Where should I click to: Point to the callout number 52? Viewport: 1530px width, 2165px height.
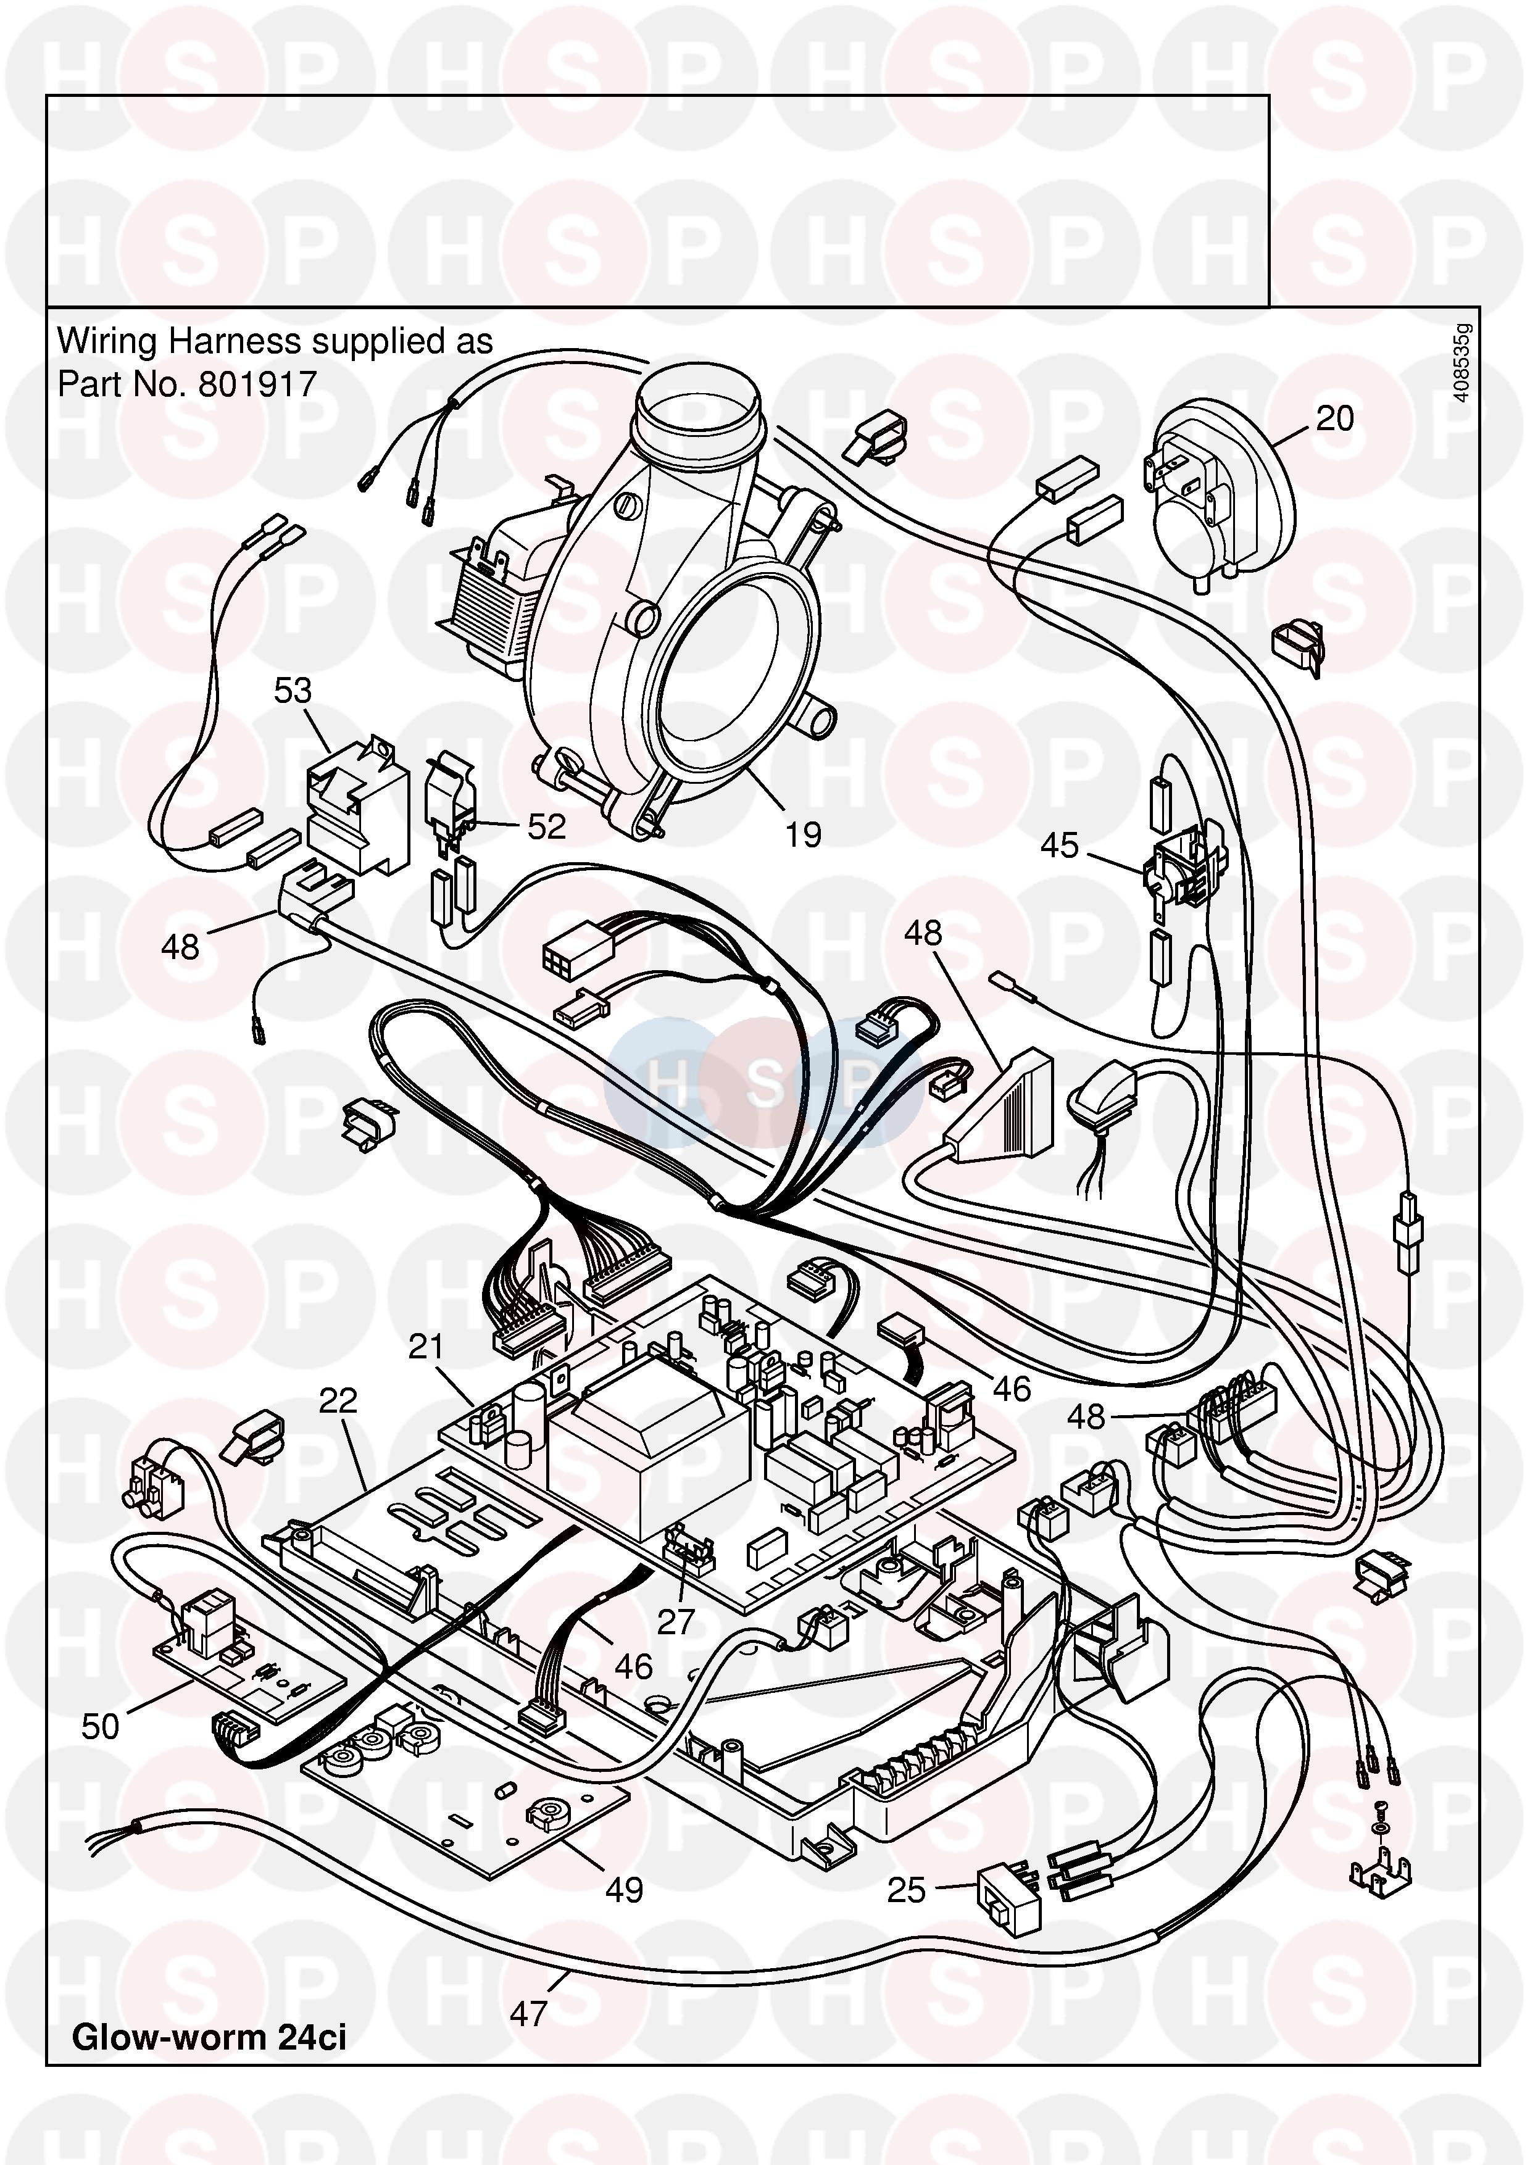547,827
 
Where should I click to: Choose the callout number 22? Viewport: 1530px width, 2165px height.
338,1400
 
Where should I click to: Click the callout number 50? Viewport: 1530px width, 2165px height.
101,1727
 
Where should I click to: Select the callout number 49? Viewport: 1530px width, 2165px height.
624,1890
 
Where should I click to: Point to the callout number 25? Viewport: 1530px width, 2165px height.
907,1890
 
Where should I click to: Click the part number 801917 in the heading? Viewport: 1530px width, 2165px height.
257,384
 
